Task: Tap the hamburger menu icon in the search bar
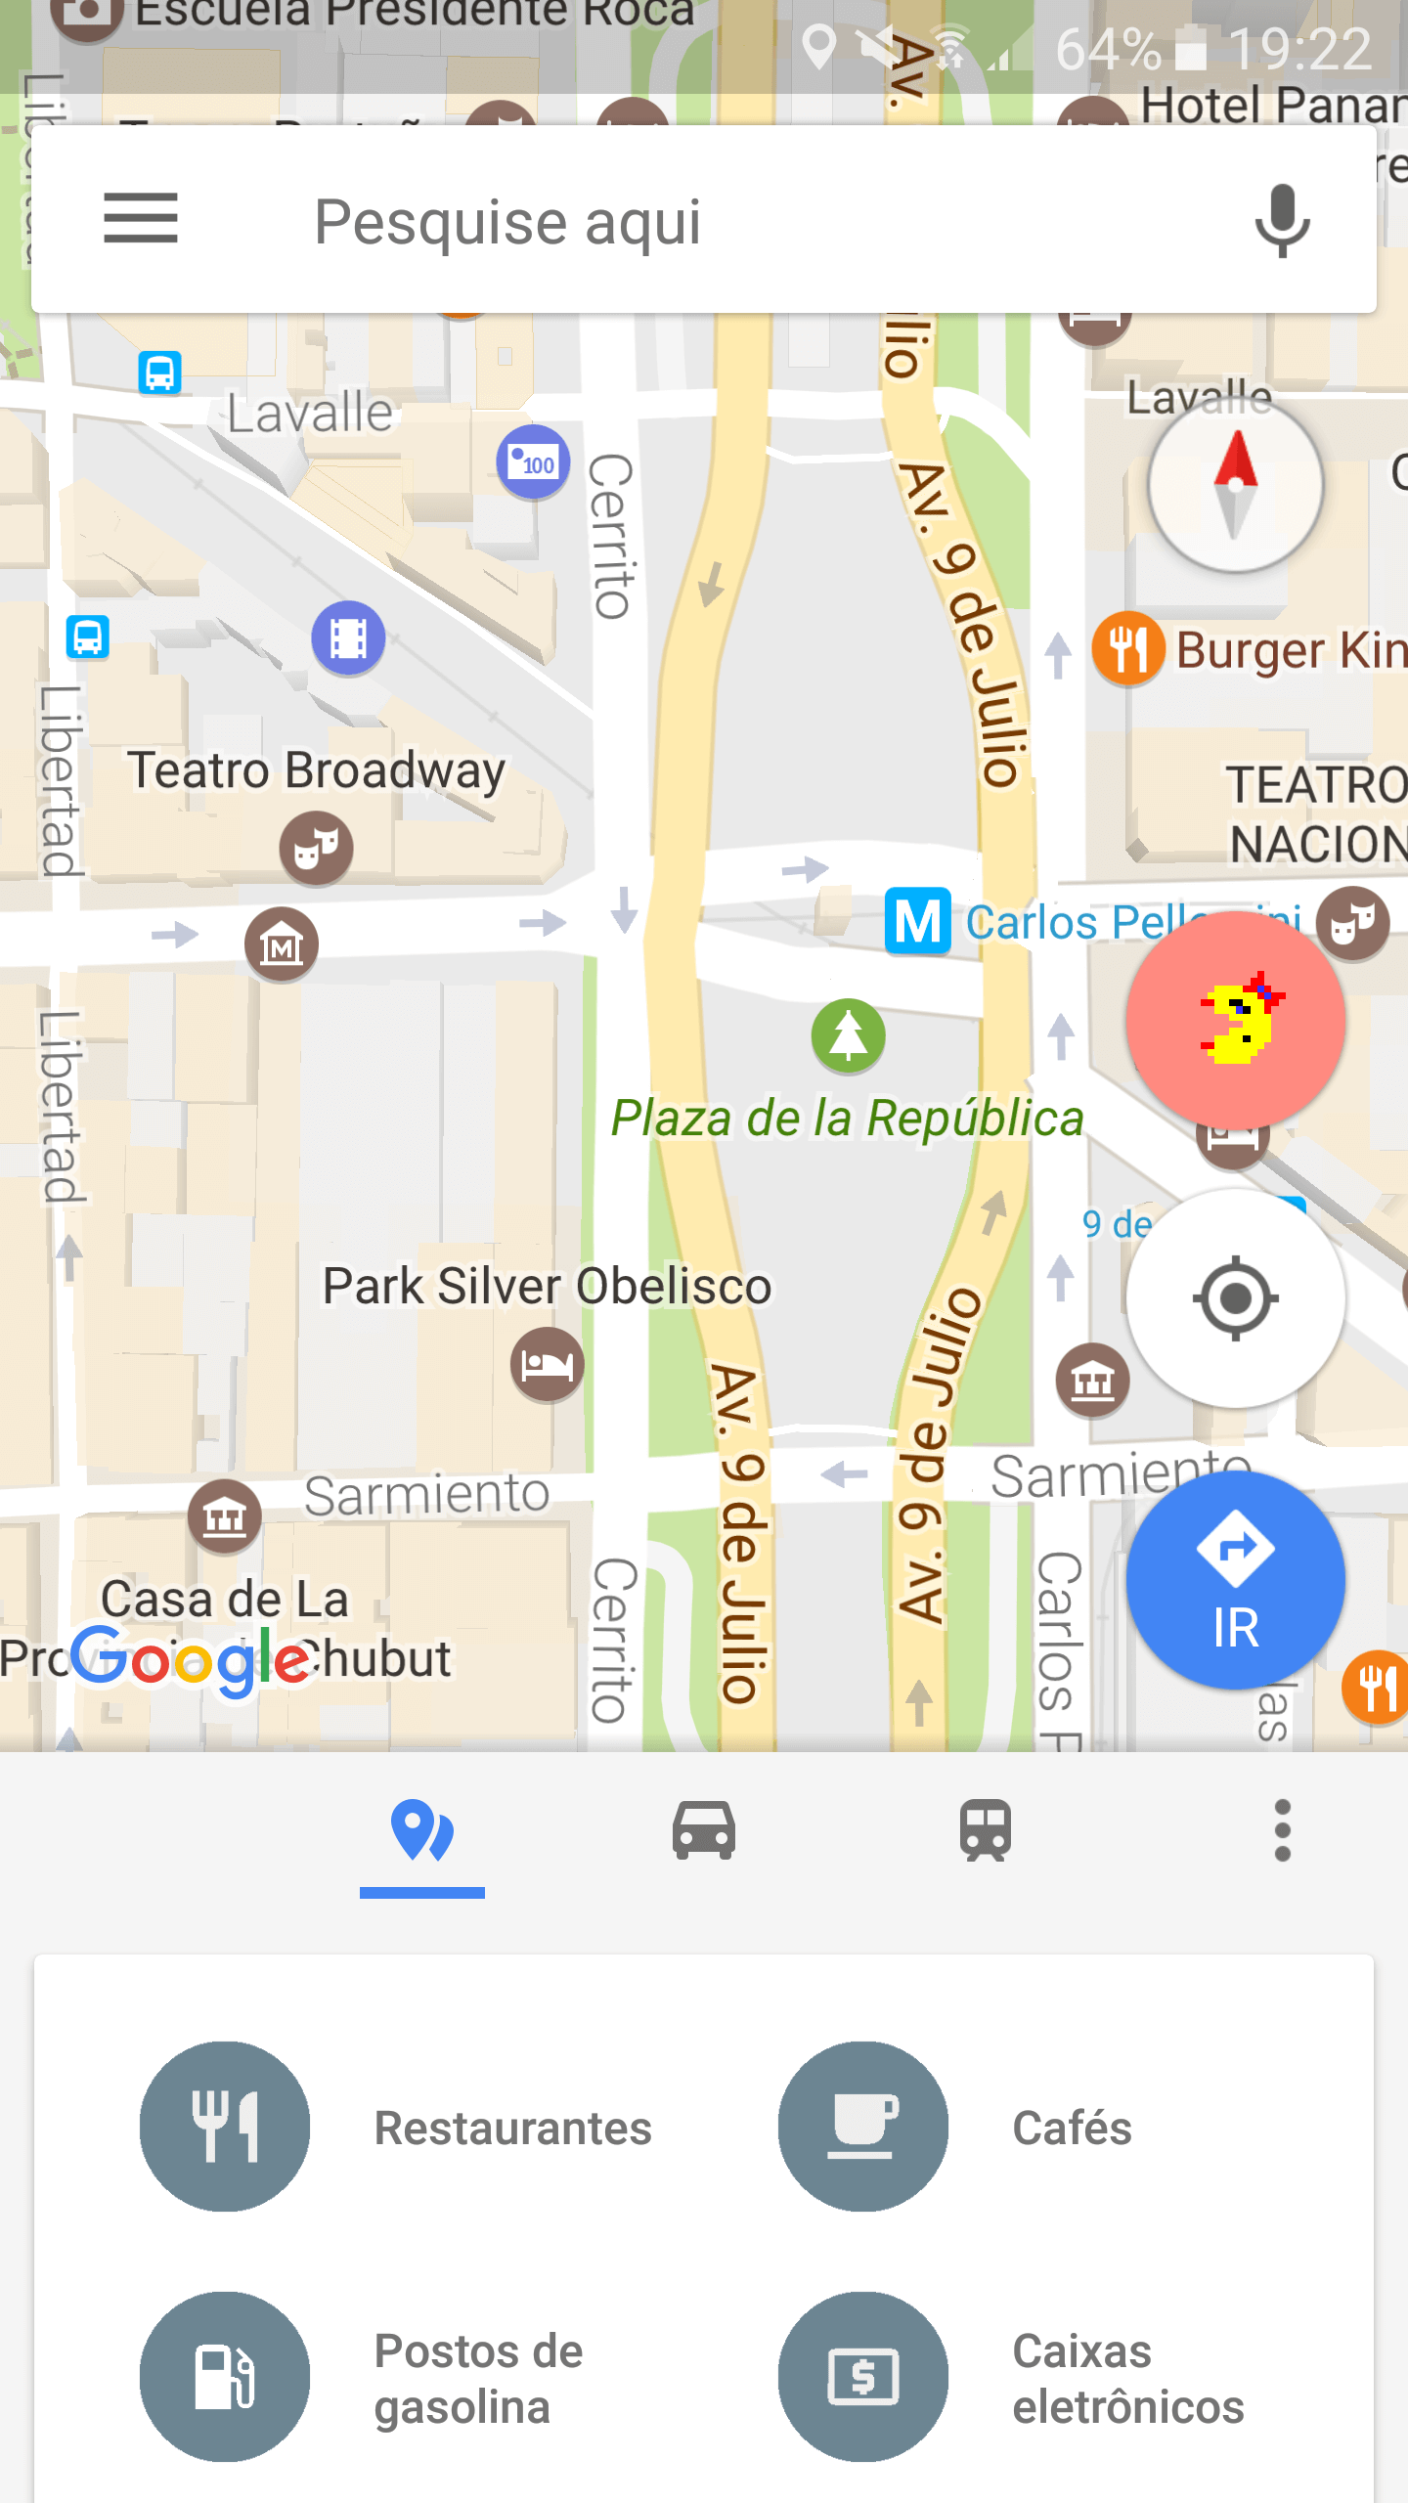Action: coord(141,218)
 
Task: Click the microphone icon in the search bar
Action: coord(1281,220)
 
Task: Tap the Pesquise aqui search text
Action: coord(507,222)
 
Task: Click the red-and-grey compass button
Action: coord(1235,485)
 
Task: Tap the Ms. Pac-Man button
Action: coord(1235,1020)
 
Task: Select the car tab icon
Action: coord(703,1830)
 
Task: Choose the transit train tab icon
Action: coord(985,1830)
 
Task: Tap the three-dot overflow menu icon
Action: coord(1282,1830)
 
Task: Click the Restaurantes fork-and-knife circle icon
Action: coord(225,2127)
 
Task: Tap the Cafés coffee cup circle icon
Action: coord(862,2127)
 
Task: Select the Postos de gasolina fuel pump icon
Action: coord(225,2377)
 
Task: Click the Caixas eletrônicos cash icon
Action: coord(862,2377)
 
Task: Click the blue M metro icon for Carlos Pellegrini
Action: coord(917,921)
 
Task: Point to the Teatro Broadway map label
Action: coord(317,770)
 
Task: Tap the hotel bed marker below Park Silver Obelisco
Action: coord(547,1364)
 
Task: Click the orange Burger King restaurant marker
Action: coord(1127,648)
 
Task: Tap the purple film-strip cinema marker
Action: coord(348,638)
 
